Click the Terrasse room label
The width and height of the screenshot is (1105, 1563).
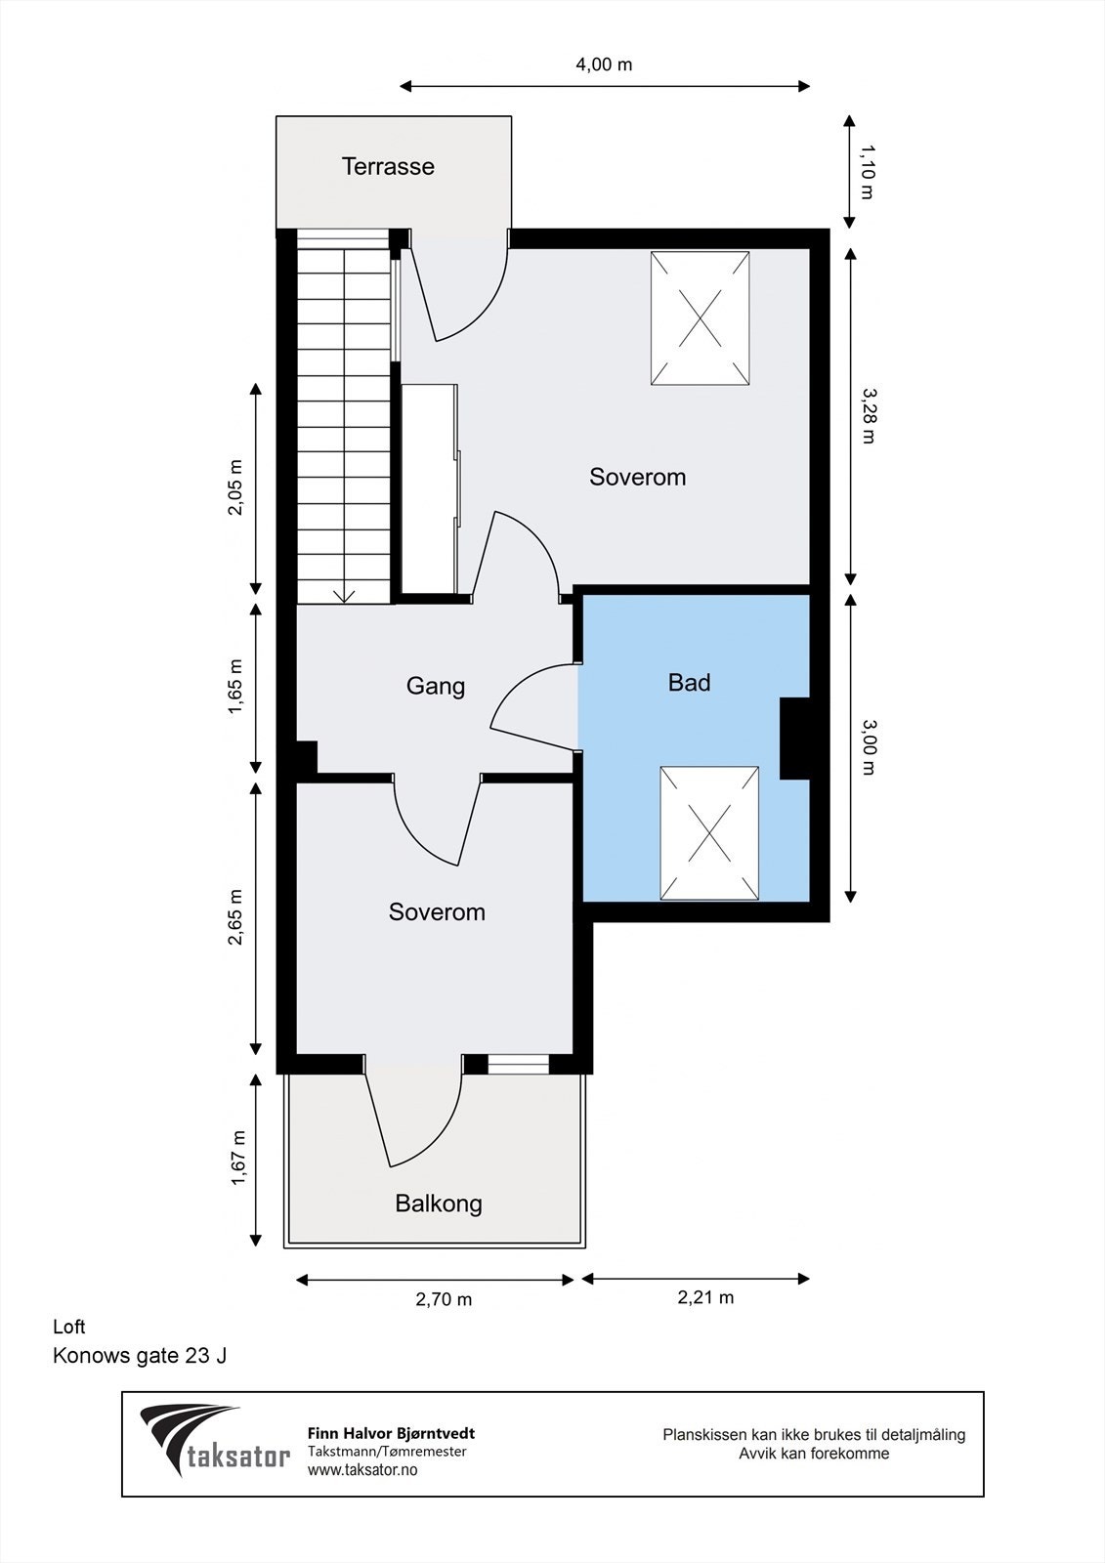388,166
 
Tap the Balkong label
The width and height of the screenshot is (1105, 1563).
439,1204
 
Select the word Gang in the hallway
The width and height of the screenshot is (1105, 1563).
435,686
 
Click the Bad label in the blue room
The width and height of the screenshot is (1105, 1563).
689,683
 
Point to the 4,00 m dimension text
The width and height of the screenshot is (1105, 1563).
603,64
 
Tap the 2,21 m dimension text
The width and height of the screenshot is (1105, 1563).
705,1297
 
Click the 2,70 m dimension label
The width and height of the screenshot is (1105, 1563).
444,1299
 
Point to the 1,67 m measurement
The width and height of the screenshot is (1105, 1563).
237,1159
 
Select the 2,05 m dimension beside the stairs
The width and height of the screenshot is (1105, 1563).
235,487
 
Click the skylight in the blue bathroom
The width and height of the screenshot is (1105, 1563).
709,832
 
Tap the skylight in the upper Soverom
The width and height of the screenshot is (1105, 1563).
701,318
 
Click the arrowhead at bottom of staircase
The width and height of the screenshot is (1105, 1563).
343,595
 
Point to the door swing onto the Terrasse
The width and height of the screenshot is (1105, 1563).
464,293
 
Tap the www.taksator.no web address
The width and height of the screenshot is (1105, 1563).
362,1470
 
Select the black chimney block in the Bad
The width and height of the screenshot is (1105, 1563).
794,739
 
